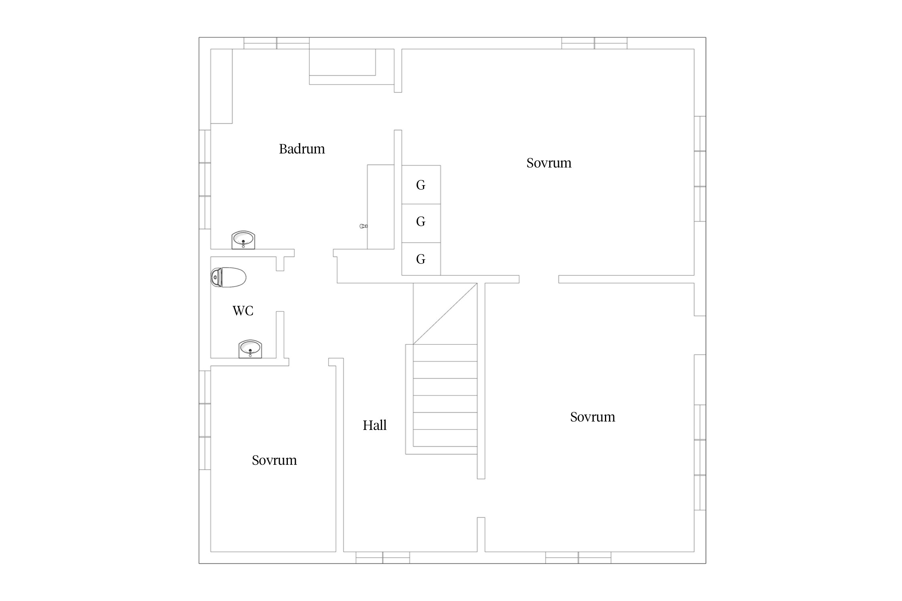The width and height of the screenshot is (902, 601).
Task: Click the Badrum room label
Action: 302,149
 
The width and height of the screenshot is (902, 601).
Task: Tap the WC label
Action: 243,311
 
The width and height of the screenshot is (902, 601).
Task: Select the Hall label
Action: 374,425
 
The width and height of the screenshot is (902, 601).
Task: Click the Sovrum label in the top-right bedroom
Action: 549,163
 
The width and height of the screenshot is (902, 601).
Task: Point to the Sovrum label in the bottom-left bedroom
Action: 274,460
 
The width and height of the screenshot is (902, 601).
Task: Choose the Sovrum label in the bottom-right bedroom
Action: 593,417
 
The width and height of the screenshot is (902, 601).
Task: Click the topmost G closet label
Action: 421,185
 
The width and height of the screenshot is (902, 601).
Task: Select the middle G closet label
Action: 421,221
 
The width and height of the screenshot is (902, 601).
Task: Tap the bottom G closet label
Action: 421,259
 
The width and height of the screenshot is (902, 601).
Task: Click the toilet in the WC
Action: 228,277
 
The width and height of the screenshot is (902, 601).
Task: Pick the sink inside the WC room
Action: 250,349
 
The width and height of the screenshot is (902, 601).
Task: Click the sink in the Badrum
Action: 243,240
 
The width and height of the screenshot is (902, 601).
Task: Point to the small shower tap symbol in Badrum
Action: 364,226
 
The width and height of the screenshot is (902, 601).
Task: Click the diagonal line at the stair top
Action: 445,314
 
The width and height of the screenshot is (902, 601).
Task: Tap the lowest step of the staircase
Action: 445,438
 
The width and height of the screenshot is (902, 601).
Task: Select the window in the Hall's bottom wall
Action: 383,558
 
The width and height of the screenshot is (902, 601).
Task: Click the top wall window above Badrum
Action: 277,43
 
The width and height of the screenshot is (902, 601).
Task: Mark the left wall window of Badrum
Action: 205,179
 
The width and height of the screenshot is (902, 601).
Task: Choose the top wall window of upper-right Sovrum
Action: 594,43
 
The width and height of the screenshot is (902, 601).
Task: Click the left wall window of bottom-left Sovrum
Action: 205,420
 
